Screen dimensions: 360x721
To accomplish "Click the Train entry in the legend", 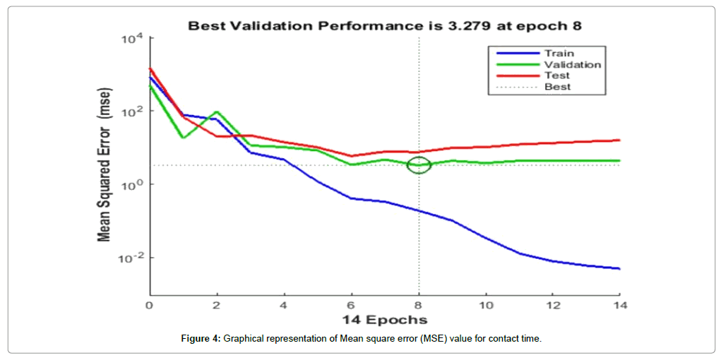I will pyautogui.click(x=559, y=53).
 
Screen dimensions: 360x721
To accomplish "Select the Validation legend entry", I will pyautogui.click(x=572, y=64).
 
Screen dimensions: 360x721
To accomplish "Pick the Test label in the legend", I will pyautogui.click(x=556, y=76).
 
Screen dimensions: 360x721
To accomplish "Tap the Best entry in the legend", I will pyautogui.click(x=557, y=87).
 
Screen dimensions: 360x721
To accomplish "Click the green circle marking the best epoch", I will pyautogui.click(x=419, y=164).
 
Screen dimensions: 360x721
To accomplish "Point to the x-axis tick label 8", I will pyautogui.click(x=419, y=305).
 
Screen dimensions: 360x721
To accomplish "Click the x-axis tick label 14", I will pyautogui.click(x=619, y=305).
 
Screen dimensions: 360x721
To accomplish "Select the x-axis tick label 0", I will pyautogui.click(x=149, y=305).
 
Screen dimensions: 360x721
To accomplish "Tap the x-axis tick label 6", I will pyautogui.click(x=352, y=305).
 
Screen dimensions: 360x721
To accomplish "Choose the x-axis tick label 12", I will pyautogui.click(x=552, y=305).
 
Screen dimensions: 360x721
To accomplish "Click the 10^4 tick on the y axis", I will pyautogui.click(x=133, y=38).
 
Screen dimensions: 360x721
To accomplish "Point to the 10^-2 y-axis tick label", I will pyautogui.click(x=131, y=258).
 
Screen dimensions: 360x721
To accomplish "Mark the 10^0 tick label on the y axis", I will pyautogui.click(x=133, y=184).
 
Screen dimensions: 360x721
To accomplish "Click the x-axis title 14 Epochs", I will pyautogui.click(x=384, y=320).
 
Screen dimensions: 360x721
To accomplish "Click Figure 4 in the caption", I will pyautogui.click(x=201, y=340).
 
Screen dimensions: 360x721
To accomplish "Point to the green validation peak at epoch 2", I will pyautogui.click(x=217, y=112).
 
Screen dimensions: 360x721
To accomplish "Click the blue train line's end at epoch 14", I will pyautogui.click(x=619, y=269).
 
